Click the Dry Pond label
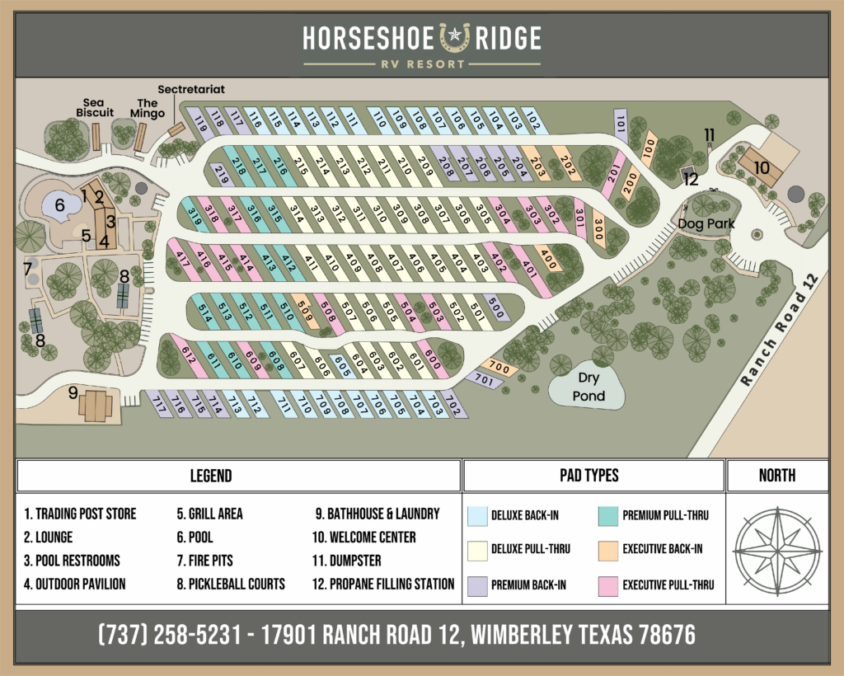point(588,387)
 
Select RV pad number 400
point(548,256)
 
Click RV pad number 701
point(483,380)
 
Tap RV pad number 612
point(188,356)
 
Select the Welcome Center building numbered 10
point(762,167)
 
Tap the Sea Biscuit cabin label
point(95,107)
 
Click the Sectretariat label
point(191,89)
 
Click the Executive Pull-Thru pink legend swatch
point(611,584)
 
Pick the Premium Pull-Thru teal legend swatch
point(611,516)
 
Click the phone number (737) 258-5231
point(171,635)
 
